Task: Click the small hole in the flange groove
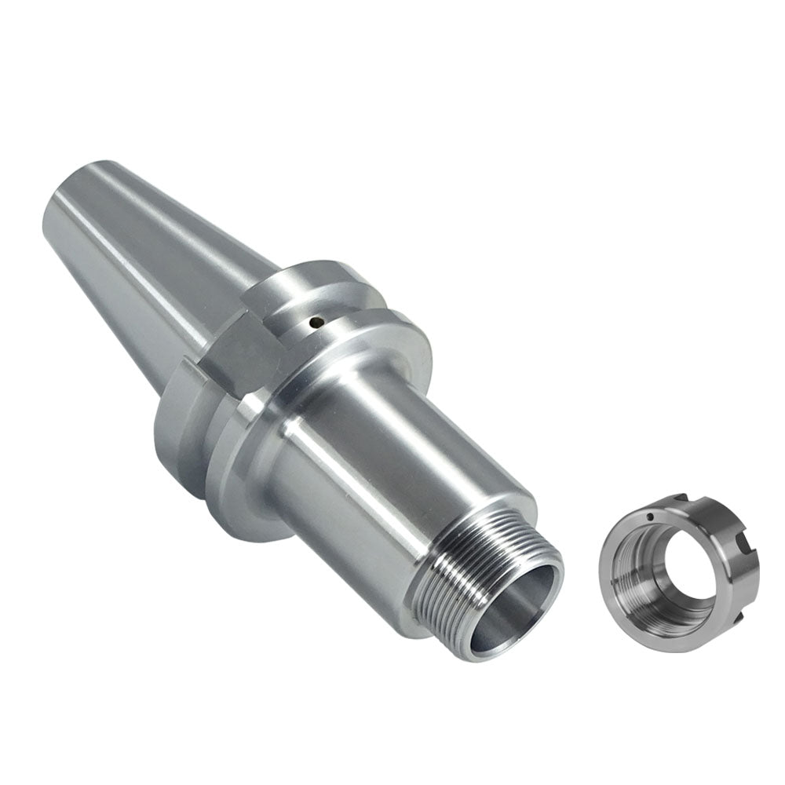[316, 320]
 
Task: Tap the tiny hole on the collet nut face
[652, 517]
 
